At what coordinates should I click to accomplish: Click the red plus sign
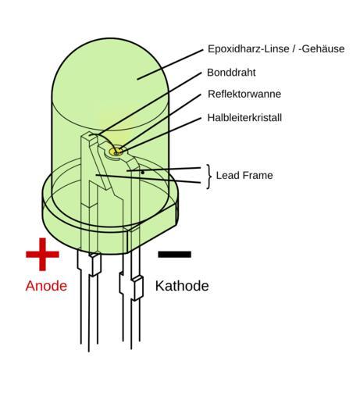click(42, 255)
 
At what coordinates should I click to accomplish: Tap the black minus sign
click(175, 255)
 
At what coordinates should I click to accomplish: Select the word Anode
click(46, 286)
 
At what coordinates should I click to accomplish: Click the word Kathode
click(182, 286)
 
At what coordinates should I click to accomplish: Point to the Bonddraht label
click(231, 73)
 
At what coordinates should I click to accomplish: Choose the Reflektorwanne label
click(244, 94)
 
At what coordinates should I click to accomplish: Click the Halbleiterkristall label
click(244, 118)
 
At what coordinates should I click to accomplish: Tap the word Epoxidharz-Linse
click(248, 49)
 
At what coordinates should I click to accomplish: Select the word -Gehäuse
click(322, 49)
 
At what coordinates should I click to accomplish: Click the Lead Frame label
click(244, 175)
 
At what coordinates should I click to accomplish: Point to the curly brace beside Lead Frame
click(209, 177)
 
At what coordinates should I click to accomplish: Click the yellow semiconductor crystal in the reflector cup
click(116, 151)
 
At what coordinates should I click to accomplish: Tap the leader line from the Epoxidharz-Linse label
click(170, 64)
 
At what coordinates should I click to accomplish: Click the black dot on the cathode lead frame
click(143, 173)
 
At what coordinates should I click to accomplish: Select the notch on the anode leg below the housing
click(95, 264)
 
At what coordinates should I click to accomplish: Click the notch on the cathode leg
click(137, 288)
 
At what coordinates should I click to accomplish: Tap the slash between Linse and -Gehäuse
click(294, 49)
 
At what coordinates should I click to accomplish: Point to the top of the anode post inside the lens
click(90, 135)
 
